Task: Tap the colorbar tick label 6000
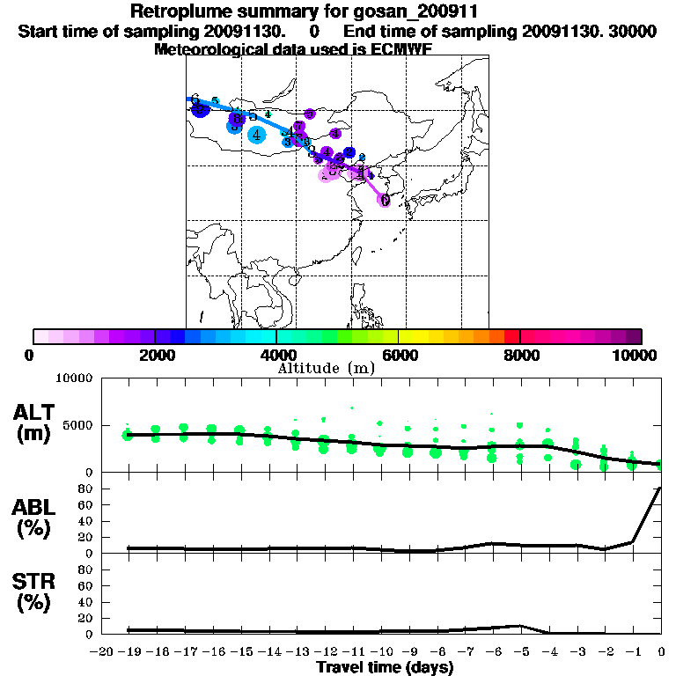coord(400,356)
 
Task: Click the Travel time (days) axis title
coord(385,668)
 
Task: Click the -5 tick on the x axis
coord(521,652)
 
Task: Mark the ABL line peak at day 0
coord(660,488)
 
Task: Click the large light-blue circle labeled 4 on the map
coord(256,135)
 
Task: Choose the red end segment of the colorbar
coord(511,336)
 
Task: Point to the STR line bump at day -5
coord(521,626)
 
